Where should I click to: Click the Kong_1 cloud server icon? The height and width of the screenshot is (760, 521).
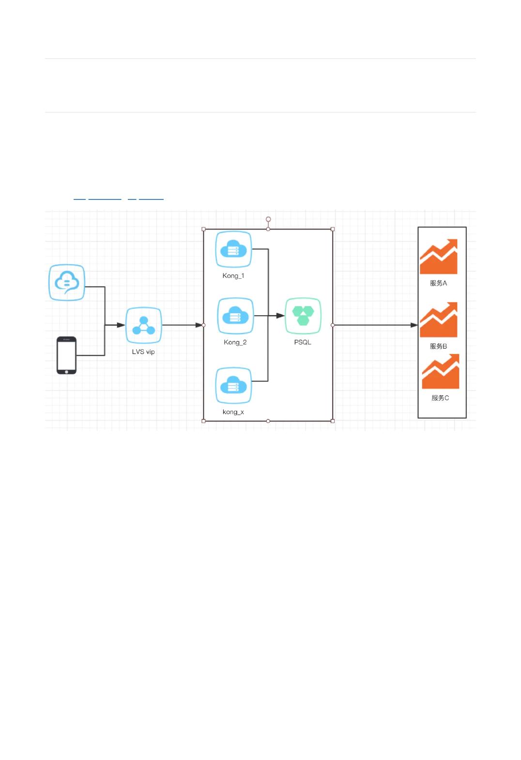point(233,249)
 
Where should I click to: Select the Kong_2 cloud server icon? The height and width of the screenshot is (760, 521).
point(235,316)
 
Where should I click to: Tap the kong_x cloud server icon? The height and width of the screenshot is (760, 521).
point(233,386)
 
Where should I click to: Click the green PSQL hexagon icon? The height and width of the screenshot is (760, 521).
point(303,316)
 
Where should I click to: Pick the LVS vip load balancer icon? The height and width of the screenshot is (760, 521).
point(143,325)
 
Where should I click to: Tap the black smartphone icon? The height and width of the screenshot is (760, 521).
point(67,355)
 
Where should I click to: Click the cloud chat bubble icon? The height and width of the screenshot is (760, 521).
point(67,282)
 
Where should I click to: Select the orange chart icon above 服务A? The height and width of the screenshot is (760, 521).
point(439,257)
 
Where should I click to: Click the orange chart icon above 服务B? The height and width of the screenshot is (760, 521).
point(439,320)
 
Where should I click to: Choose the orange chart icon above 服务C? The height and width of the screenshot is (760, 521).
point(440,371)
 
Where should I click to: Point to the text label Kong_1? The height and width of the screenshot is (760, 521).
point(233,276)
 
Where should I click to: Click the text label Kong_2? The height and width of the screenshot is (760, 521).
point(235,342)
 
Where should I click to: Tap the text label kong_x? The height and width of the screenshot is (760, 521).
point(233,412)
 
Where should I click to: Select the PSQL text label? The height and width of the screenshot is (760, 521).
point(303,342)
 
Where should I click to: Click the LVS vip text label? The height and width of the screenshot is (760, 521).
point(143,352)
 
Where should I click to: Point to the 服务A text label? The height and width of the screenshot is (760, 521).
point(439,283)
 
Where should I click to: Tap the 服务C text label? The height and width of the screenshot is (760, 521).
point(440,398)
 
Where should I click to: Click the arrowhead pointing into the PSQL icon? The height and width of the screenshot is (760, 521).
point(280,316)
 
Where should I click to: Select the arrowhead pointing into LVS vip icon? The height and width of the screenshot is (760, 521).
point(121,325)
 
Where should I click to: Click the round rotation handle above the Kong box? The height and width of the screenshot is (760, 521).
point(268,219)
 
